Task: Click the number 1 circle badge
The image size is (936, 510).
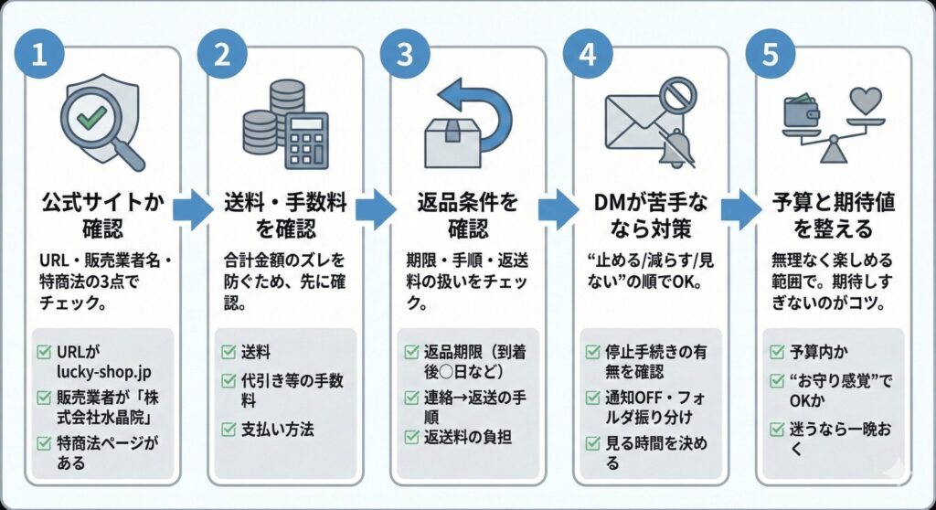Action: [x=38, y=54]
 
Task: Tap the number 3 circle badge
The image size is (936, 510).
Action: [x=404, y=54]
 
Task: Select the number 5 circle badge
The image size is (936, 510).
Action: [x=771, y=54]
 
